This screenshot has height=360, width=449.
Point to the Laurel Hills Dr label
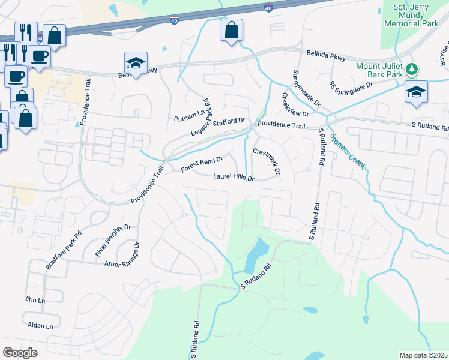(x=234, y=178)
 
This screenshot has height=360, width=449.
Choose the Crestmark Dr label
(x=267, y=161)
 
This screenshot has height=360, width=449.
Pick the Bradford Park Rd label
(x=63, y=251)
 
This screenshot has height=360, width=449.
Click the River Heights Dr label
(x=113, y=241)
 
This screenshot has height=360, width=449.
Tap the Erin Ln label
(x=35, y=300)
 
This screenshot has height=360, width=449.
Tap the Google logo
(x=20, y=353)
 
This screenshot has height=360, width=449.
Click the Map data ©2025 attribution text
(x=423, y=355)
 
